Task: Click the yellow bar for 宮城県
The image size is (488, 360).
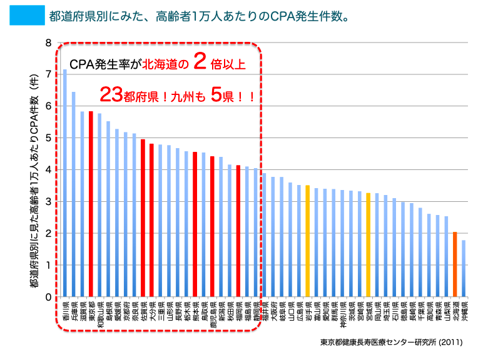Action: (369, 244)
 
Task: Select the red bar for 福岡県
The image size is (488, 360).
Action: (238, 231)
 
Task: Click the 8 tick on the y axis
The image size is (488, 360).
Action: (48, 43)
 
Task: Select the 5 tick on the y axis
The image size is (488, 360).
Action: (48, 138)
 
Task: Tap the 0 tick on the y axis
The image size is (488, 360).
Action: (48, 297)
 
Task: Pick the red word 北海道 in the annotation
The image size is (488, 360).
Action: (165, 64)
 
